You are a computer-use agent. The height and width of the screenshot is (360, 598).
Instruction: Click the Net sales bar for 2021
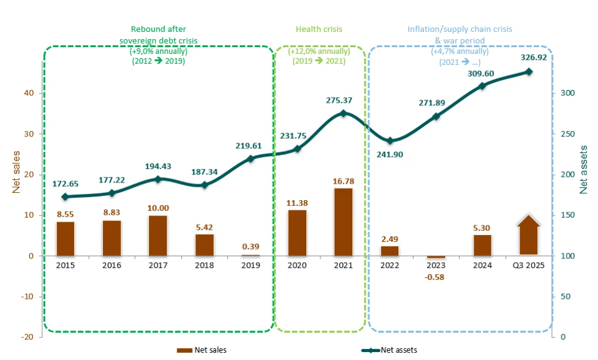coord(344,222)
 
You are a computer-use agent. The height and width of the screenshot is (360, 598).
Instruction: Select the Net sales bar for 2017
coord(158,235)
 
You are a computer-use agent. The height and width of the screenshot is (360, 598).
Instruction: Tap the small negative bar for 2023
coord(436,257)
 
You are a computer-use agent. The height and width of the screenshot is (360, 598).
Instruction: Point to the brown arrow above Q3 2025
coord(528,234)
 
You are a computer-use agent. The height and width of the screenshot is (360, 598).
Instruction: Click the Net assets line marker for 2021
coord(343,113)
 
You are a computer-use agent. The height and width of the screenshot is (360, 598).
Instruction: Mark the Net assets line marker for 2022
coord(390,141)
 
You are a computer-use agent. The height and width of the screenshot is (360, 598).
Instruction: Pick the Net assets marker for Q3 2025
coord(529,72)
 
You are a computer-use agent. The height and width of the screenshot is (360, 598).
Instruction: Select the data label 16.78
coord(344,181)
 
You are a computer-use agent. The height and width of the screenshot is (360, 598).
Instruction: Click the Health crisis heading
coord(319,29)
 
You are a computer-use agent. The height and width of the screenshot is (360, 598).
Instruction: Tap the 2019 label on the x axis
coord(251,265)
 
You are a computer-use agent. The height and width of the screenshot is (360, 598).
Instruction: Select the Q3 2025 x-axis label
coord(529,265)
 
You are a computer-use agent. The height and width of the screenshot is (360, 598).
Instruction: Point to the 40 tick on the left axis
coord(29,93)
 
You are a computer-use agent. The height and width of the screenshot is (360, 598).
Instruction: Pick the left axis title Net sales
coord(17,173)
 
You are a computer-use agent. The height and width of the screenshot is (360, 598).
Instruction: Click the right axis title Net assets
coord(585,170)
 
